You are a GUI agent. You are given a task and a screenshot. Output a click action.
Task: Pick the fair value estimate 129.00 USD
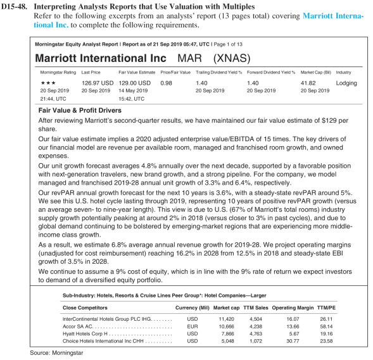[x=136, y=83]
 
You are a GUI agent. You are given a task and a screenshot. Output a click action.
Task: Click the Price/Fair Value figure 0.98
[x=167, y=83]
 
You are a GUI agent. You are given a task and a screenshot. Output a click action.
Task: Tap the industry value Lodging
[x=346, y=83]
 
